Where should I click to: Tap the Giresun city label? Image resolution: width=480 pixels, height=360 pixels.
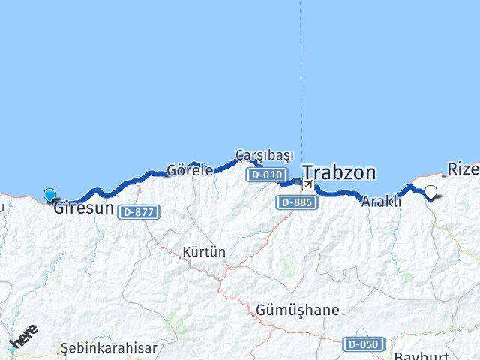83,208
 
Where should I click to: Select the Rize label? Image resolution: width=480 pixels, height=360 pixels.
463,168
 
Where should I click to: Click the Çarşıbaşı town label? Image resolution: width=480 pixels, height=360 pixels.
264,154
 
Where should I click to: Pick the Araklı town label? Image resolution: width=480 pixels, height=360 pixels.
381,201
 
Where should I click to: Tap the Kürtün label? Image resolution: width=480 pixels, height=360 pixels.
204,253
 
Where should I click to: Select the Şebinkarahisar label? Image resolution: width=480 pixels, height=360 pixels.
109,348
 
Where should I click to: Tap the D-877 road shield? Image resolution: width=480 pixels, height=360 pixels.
139,212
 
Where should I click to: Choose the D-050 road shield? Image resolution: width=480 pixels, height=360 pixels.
363,344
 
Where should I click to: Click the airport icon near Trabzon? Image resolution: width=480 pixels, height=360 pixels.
308,184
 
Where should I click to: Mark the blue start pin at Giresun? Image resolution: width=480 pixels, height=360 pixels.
49,196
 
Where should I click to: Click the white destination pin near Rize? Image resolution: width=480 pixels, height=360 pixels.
431,193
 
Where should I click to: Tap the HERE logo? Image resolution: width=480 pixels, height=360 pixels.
23,337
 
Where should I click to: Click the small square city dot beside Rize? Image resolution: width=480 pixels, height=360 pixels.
444,176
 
